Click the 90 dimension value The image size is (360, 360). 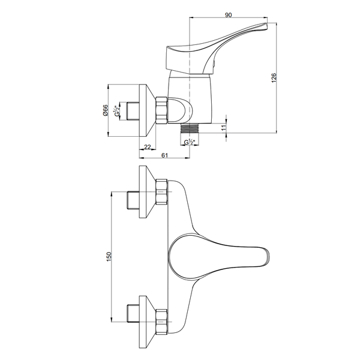[228, 15]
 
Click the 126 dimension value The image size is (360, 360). [274, 78]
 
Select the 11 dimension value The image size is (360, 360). [224, 128]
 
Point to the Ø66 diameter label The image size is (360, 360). [105, 110]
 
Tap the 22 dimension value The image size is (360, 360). [148, 147]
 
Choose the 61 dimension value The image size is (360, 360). [164, 155]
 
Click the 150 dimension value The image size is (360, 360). [109, 256]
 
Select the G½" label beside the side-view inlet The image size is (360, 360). [117, 110]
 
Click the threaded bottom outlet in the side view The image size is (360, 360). [190, 128]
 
